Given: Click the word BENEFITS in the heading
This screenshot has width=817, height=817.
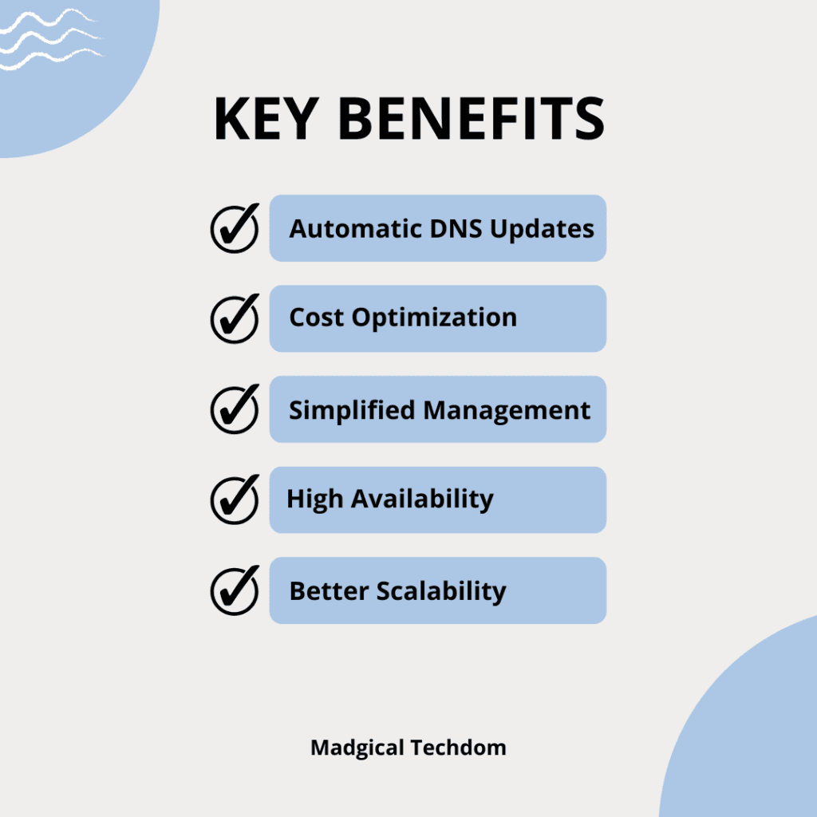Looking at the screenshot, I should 472,120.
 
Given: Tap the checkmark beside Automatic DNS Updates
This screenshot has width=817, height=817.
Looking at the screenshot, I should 235,228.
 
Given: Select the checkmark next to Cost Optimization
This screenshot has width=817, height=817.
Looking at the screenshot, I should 235,318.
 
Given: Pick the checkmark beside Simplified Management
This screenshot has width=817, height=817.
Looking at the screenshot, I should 235,409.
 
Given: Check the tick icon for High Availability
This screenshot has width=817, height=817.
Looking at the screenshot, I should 235,499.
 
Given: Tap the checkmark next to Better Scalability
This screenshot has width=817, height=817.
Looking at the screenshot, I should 235,590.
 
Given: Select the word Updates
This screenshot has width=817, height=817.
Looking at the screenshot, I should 542,230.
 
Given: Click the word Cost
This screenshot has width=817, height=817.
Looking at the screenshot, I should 317,318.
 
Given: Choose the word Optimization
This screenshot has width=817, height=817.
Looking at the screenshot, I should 435,318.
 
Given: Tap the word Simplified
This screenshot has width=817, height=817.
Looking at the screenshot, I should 352,410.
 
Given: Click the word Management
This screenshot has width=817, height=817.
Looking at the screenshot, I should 507,411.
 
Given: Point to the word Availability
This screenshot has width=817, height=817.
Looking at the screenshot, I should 423,499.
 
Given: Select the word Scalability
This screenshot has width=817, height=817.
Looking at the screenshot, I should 441,592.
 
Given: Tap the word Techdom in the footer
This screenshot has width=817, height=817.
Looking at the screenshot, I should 459,748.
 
